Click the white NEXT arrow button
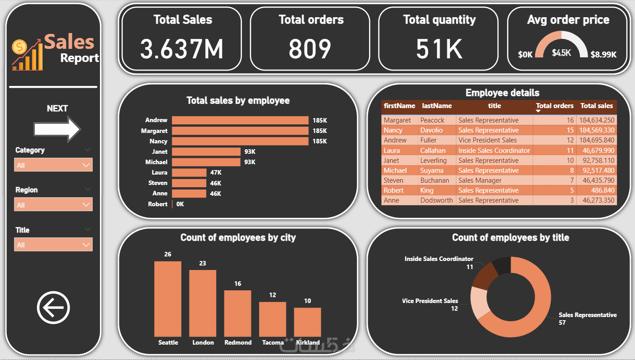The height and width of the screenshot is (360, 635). click(57, 129)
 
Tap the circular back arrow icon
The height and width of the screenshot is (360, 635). click(53, 308)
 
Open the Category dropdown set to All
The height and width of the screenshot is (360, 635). click(53, 165)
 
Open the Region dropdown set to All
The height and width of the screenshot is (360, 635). click(53, 205)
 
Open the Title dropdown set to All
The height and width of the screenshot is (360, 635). click(53, 245)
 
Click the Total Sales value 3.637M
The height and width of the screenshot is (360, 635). click(182, 49)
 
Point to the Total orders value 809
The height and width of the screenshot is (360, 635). click(310, 49)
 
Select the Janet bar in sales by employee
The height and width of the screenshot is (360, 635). click(206, 152)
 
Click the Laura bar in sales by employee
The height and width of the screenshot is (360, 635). click(189, 172)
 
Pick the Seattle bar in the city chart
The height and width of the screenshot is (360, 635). click(168, 298)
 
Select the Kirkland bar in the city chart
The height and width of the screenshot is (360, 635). click(308, 322)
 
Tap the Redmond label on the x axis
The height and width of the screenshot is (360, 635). click(238, 343)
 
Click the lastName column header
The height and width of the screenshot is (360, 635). click(436, 106)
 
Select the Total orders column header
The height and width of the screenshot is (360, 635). click(554, 106)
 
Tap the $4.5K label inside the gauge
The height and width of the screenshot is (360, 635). click(561, 53)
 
